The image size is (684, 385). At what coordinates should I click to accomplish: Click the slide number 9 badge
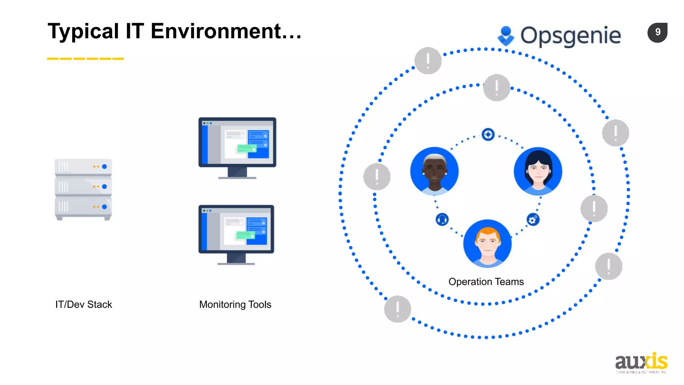[657, 32]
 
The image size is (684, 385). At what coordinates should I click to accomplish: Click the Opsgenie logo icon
[506, 36]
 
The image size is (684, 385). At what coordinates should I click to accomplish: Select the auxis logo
[641, 363]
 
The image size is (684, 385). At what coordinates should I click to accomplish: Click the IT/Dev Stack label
[83, 304]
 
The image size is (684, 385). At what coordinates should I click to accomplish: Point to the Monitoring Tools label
[235, 304]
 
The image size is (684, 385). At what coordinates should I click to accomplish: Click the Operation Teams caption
[486, 282]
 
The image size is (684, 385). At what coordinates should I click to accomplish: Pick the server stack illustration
[83, 189]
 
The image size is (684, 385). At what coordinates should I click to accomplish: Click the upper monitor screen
[237, 142]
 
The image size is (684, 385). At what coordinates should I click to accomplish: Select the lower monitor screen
[236, 229]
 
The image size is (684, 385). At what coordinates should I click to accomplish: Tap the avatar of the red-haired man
[487, 243]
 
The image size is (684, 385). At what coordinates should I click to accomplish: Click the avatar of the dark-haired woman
[538, 171]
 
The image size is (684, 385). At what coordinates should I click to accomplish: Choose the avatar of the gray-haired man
[434, 171]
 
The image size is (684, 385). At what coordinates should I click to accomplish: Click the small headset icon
[442, 220]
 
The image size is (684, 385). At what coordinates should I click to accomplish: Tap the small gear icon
[533, 220]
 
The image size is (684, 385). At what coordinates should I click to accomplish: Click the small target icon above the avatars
[488, 134]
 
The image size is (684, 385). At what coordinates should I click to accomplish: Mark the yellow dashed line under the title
[85, 59]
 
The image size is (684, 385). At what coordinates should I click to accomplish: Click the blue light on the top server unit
[105, 166]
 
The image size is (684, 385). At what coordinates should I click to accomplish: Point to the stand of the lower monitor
[236, 259]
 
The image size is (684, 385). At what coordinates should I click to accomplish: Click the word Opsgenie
[570, 36]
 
